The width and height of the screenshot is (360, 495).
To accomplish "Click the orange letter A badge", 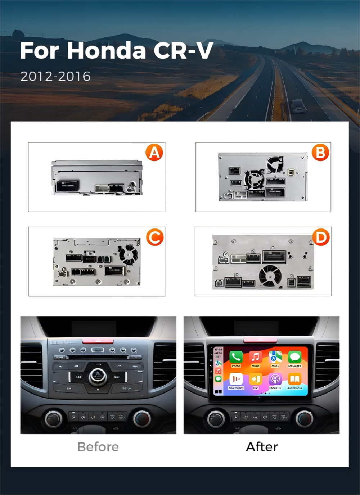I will pos(154,153).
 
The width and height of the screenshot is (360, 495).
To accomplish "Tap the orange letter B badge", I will pos(320,153).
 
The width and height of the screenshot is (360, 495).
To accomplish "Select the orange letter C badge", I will pos(155,237).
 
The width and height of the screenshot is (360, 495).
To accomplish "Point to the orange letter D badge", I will pos(321,237).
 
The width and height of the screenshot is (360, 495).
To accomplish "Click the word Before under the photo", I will pos(98,447).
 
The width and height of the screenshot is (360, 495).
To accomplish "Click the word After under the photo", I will pos(262,447).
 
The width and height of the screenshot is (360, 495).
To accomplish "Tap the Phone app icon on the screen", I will pos(236,357).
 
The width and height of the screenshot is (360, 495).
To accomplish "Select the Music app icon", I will pos(256,357).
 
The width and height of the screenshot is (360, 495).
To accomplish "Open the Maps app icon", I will pos(275,357).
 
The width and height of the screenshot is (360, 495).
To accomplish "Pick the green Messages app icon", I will pos(294,357).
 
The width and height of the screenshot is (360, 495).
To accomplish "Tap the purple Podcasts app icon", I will pos(275,380).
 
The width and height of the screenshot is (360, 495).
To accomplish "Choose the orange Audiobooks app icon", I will pos(294,380).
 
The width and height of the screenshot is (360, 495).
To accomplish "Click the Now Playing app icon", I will pos(236,380).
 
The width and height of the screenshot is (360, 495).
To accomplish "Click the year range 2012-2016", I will pos(55,77).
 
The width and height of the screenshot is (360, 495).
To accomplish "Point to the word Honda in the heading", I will pos(106,51).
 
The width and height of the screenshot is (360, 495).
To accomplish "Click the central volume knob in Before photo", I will pos(98,375).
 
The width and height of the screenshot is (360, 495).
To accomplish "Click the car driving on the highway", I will pos(298,106).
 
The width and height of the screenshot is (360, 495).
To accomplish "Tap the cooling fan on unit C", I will pos(128,254).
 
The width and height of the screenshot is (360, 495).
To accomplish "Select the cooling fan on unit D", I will pos(270,276).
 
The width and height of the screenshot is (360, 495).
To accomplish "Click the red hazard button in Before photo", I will pos(98,340).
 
